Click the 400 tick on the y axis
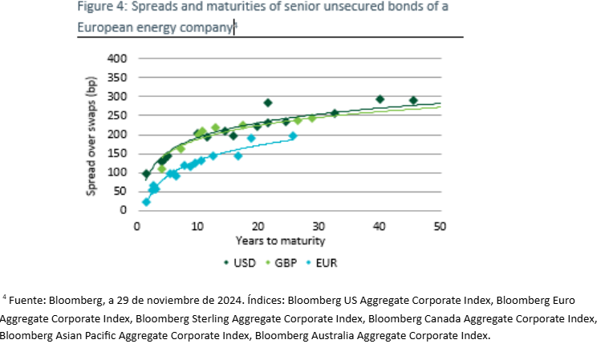(118, 59)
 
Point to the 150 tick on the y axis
(118, 153)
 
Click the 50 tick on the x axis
(440, 226)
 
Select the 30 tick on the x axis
(319, 226)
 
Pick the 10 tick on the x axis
(197, 226)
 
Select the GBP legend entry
(282, 261)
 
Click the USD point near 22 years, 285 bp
(268, 103)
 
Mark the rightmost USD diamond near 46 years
(413, 100)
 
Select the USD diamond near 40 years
(380, 99)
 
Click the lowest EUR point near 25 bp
(146, 201)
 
